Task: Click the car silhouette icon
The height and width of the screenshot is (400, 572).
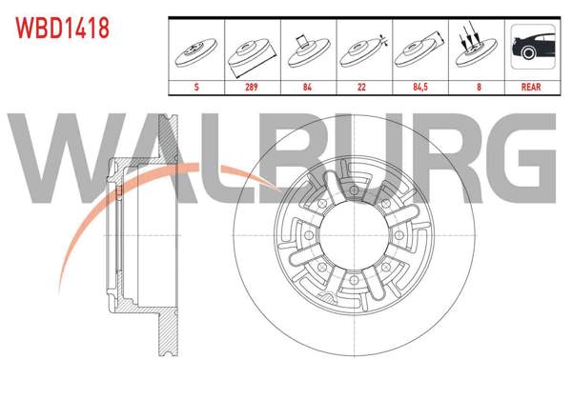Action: point(531,48)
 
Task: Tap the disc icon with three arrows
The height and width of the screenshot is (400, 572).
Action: point(475,48)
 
